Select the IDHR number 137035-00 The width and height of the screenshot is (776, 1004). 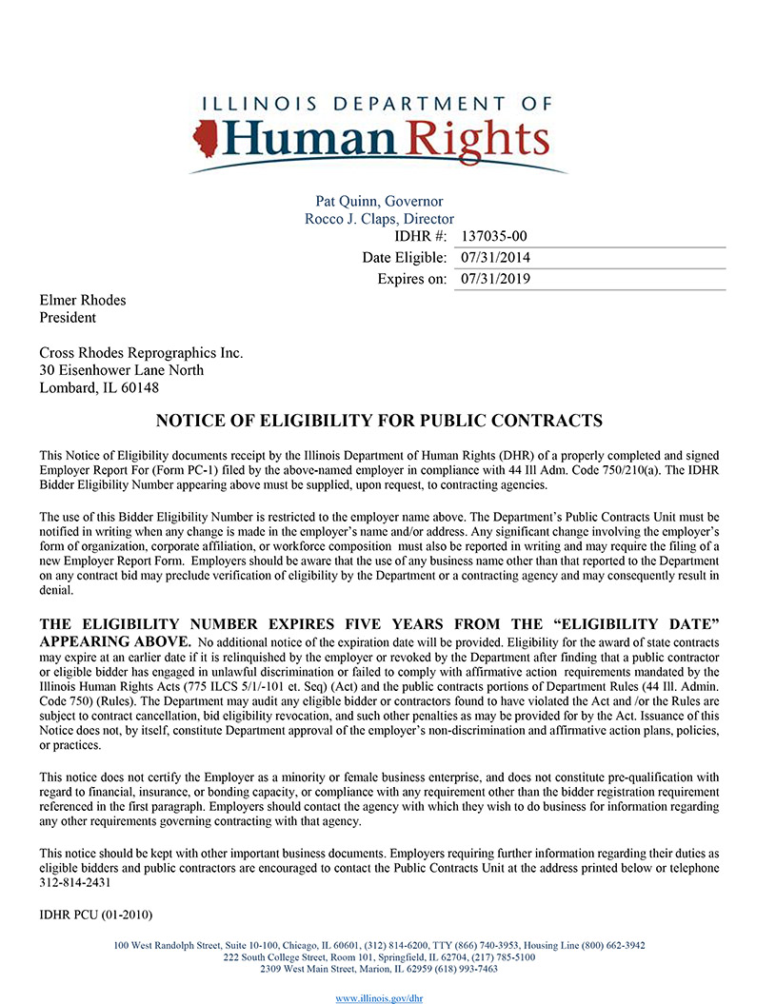[x=493, y=237]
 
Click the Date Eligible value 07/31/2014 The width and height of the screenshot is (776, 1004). [x=495, y=258]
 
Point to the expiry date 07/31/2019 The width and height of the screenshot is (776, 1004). [x=495, y=279]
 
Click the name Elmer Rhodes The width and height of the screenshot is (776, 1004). [x=82, y=301]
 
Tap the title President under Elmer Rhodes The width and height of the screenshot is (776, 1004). [x=67, y=318]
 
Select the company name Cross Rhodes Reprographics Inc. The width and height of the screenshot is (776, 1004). [x=141, y=353]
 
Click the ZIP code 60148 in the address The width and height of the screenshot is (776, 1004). [x=136, y=387]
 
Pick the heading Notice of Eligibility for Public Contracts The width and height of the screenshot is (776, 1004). [x=379, y=420]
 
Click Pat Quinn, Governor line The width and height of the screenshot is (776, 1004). [x=379, y=202]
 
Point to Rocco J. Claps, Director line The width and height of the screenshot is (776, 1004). [x=379, y=219]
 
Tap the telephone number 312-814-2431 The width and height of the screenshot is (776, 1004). [x=72, y=882]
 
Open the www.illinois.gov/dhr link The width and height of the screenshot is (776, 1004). [x=380, y=997]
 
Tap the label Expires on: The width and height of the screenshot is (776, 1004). [x=411, y=279]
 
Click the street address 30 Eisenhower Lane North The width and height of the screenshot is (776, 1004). [x=121, y=370]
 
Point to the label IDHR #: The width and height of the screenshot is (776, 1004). [x=421, y=237]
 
